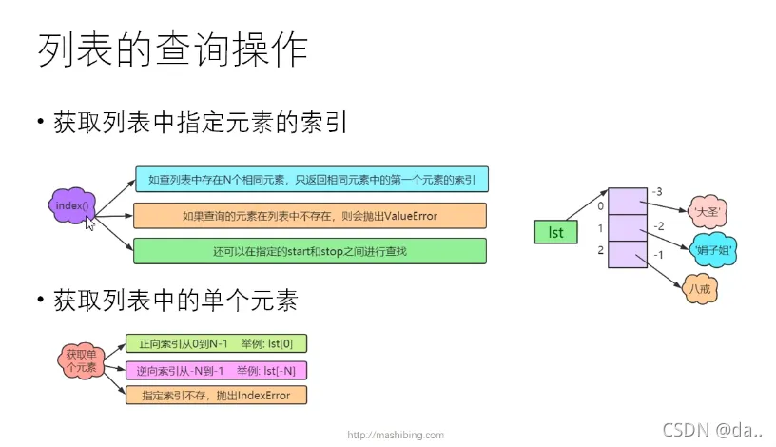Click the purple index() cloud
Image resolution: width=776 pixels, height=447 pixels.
point(71,205)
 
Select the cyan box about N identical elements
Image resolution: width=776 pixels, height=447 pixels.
point(312,179)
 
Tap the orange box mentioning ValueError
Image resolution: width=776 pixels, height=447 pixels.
point(310,216)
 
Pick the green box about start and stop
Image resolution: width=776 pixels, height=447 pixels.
point(310,251)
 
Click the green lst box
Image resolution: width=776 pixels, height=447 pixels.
point(555,232)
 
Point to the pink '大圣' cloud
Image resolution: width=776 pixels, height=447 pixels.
point(708,212)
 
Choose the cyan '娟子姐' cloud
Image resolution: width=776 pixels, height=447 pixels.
point(713,250)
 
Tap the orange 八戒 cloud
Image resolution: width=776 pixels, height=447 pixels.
point(700,288)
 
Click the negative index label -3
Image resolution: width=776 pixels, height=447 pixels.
point(657,191)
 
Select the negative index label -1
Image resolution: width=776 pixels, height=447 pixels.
point(658,255)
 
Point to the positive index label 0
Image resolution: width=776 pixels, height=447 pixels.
point(600,206)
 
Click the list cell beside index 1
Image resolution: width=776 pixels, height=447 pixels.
point(628,228)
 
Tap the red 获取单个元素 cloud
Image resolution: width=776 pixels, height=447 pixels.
point(82,360)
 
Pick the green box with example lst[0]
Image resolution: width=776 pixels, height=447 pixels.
point(216,343)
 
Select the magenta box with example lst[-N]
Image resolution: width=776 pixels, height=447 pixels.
point(216,370)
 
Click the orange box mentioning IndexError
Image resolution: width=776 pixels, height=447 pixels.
point(216,396)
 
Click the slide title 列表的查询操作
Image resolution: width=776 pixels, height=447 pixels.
point(173,49)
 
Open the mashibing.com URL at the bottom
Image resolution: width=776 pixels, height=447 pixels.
point(396,436)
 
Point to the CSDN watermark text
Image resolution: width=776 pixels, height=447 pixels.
point(712,430)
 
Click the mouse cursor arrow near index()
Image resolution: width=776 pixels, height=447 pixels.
point(89,223)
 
